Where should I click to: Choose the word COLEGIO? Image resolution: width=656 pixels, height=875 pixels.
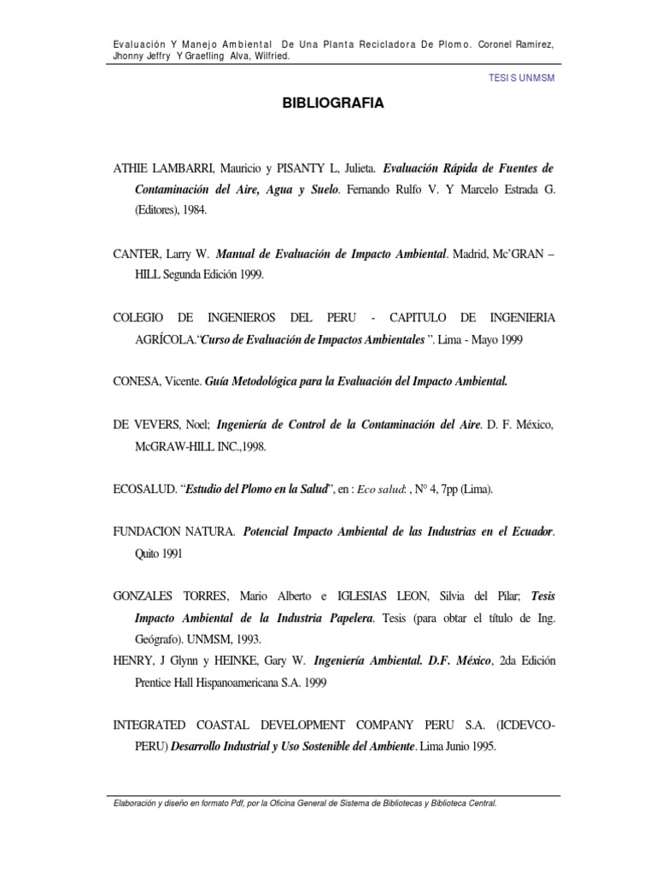click(141, 318)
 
